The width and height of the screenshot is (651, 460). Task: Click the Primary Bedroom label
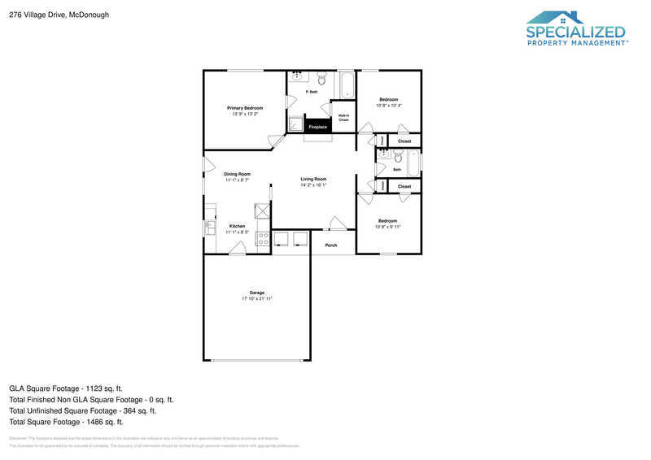click(244, 108)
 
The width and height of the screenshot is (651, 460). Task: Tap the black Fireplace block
click(317, 127)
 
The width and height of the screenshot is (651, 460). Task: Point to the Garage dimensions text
click(256, 299)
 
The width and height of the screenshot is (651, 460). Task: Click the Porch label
click(331, 245)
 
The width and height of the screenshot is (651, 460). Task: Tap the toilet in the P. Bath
click(322, 80)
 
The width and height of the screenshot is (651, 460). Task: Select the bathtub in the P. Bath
click(347, 85)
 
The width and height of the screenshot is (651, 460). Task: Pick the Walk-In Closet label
click(344, 117)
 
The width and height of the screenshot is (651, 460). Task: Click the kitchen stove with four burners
click(263, 238)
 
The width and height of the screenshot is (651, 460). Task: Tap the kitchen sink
click(209, 228)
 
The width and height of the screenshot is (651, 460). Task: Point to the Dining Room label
click(238, 174)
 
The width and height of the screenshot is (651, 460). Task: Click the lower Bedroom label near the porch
click(387, 220)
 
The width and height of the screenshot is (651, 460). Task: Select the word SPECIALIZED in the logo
click(575, 33)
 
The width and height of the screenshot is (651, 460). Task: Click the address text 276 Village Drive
click(46, 15)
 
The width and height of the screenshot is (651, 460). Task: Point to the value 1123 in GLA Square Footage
click(96, 388)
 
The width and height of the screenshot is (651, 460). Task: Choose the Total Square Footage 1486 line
click(66, 422)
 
